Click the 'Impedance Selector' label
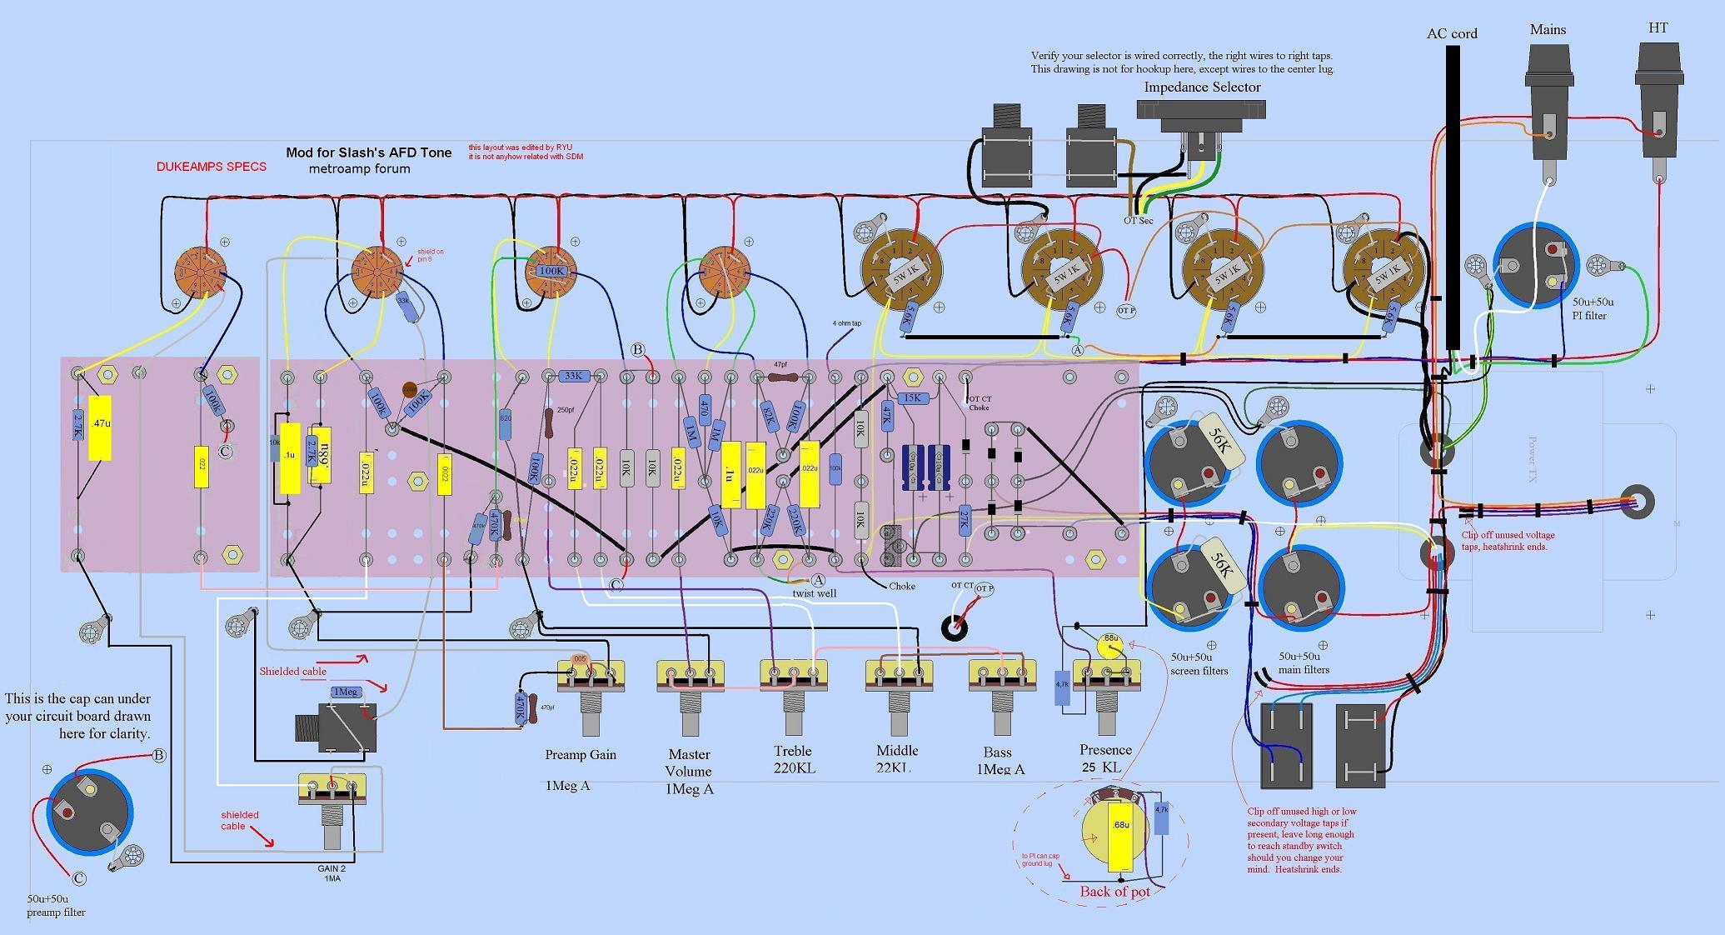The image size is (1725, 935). (x=1202, y=87)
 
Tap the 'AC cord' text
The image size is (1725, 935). (x=1452, y=34)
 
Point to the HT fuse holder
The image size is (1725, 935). (x=1658, y=100)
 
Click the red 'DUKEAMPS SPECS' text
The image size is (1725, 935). (x=212, y=167)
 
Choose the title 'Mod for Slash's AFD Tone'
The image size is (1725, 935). (x=368, y=152)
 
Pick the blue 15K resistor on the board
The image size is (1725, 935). (x=912, y=398)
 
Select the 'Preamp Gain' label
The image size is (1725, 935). (x=581, y=755)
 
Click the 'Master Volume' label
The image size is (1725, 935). (x=689, y=762)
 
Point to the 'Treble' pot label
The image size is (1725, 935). (x=792, y=751)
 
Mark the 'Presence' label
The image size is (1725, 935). (x=1105, y=750)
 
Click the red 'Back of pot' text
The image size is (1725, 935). (x=1114, y=892)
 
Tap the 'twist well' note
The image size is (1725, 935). (x=815, y=593)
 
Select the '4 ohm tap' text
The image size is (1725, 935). (x=846, y=323)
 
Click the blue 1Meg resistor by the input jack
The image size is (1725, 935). (x=346, y=692)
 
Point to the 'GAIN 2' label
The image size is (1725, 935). (x=331, y=868)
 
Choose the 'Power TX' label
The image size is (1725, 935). (x=1532, y=459)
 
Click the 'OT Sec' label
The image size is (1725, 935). (x=1139, y=220)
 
